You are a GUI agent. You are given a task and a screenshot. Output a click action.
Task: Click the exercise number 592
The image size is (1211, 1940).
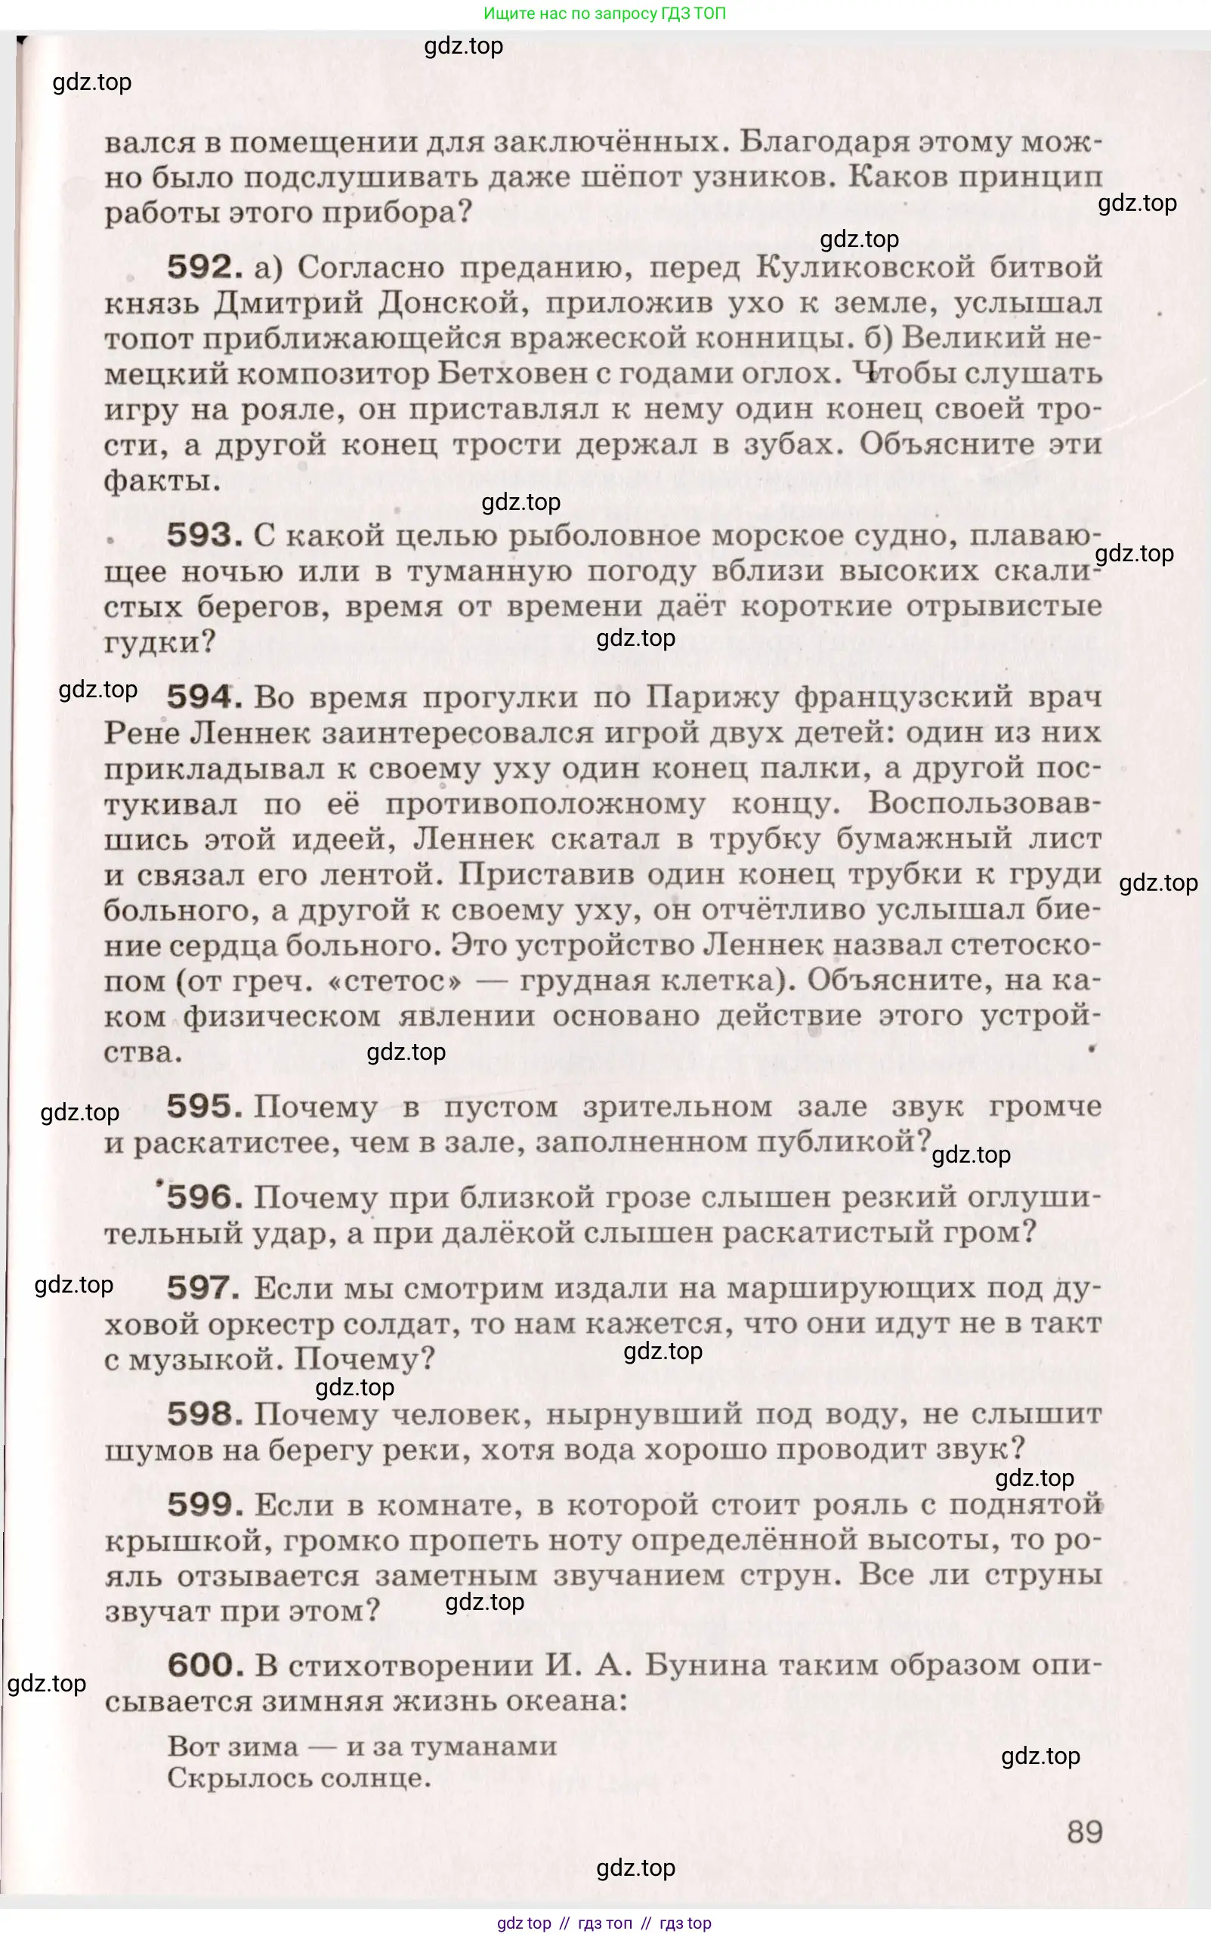click(204, 267)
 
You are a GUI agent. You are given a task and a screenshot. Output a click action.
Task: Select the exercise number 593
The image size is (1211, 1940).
click(204, 536)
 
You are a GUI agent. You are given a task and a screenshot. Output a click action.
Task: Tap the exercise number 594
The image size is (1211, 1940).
click(204, 697)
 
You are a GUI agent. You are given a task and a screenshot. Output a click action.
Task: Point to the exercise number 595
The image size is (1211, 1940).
click(204, 1107)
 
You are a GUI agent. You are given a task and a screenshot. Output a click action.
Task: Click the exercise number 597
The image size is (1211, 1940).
click(204, 1288)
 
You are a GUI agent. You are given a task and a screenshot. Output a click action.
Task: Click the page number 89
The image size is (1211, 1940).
click(1084, 1831)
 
